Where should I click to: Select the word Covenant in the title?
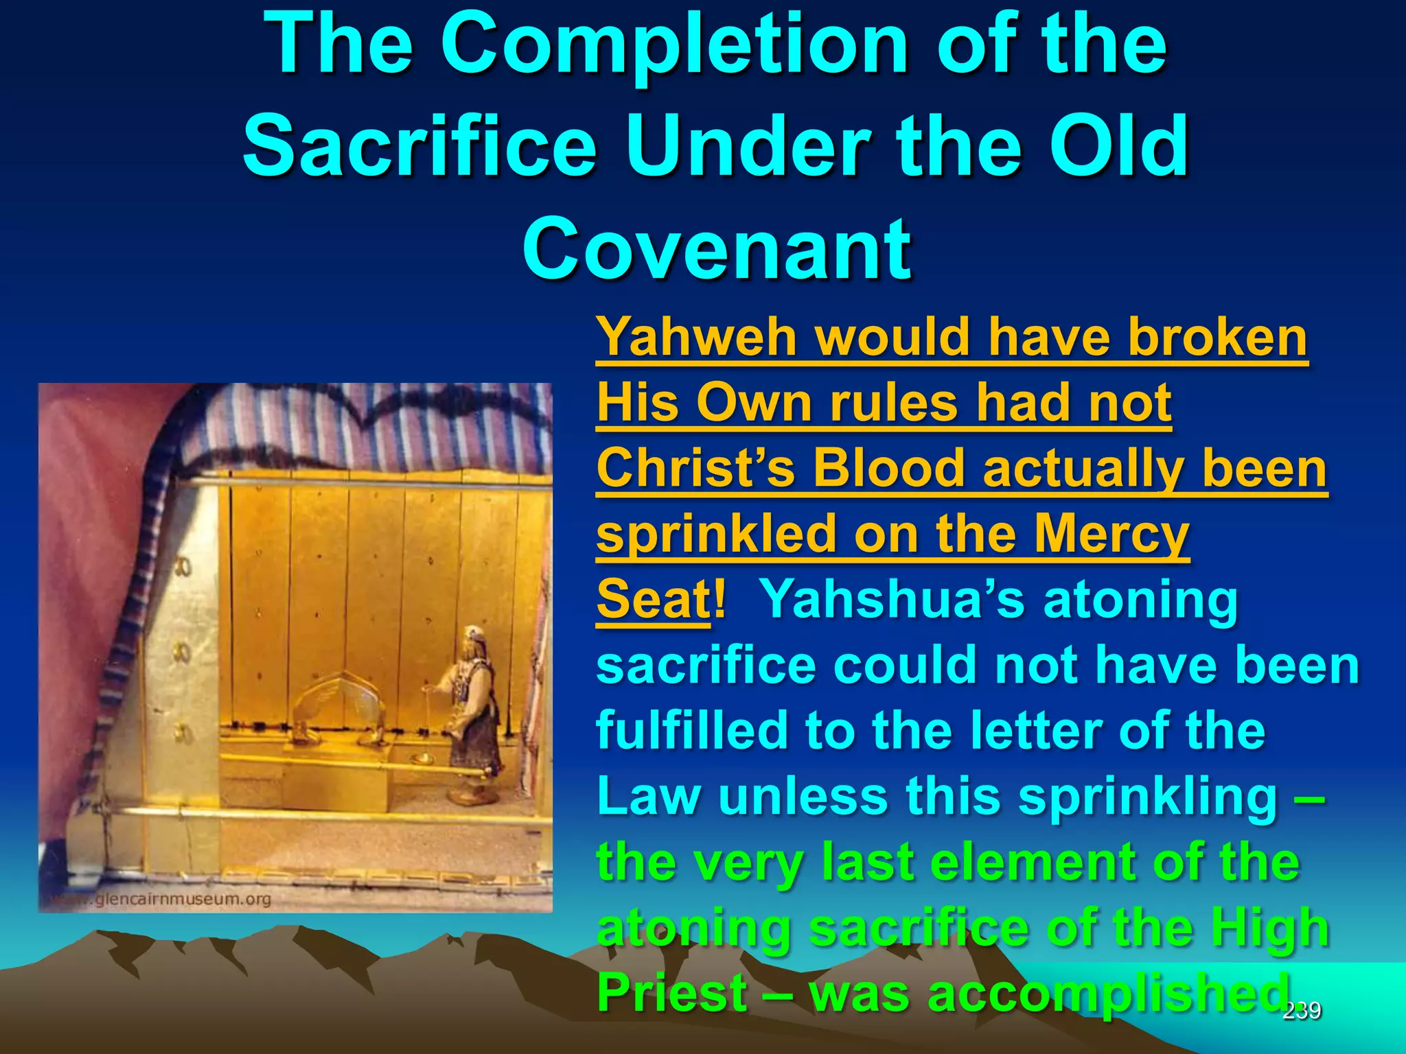click(x=717, y=248)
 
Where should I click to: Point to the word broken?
click(x=1218, y=338)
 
